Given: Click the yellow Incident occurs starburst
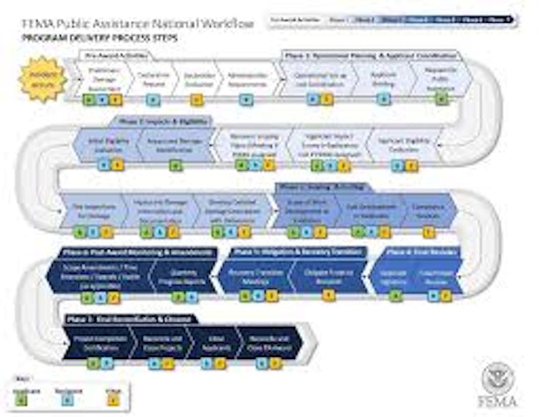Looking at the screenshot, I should click(x=42, y=79).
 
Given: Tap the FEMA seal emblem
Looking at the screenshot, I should click(x=498, y=378).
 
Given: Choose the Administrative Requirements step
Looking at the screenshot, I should click(x=244, y=79).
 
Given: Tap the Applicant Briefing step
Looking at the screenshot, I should click(x=384, y=78).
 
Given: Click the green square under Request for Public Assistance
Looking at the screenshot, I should click(x=442, y=99).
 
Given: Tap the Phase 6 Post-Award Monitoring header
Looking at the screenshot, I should click(x=137, y=252).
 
